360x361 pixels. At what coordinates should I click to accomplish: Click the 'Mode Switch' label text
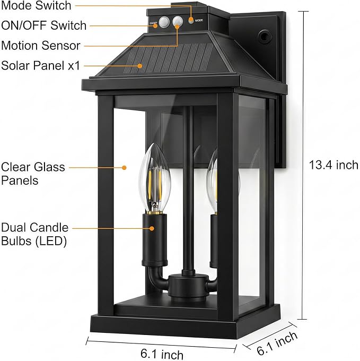[x=36, y=5]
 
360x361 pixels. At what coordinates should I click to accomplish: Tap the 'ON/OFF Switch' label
[x=43, y=25]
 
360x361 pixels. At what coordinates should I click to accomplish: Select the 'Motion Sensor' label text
[x=41, y=45]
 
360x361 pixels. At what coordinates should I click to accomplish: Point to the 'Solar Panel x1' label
[x=40, y=65]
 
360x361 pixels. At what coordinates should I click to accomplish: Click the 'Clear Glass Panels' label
[x=33, y=174]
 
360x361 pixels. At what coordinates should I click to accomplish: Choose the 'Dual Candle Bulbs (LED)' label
[x=34, y=234]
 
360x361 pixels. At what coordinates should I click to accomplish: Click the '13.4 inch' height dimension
[x=333, y=165]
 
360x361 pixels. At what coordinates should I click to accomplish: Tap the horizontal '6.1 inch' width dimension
[x=162, y=354]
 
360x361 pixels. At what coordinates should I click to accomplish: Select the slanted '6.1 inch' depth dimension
[x=277, y=343]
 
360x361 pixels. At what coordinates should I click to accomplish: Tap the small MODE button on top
[x=190, y=21]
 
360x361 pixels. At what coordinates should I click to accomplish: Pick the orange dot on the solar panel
[x=140, y=66]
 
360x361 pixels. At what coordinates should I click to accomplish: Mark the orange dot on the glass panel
[x=124, y=168]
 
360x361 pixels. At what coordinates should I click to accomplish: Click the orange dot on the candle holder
[x=152, y=228]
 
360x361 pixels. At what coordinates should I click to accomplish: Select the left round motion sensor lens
[x=164, y=22]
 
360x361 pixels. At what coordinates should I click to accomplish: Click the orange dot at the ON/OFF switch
[x=155, y=25]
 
